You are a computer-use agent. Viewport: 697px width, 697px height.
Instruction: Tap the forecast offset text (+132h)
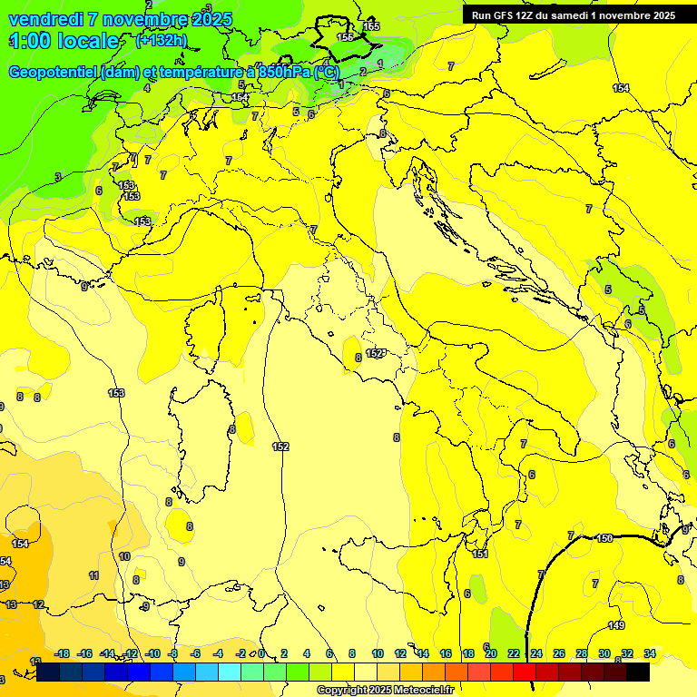[x=161, y=40]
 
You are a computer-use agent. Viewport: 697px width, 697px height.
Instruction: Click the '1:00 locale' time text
[x=64, y=41]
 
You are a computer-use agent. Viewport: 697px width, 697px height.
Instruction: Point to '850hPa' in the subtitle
[x=283, y=72]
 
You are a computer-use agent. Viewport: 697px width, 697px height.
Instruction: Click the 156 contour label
[x=345, y=37]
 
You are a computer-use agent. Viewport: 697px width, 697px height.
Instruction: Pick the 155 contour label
[x=371, y=26]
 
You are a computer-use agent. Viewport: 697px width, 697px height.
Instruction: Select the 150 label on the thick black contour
[x=604, y=538]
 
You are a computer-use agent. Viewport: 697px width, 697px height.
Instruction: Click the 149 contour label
[x=616, y=625]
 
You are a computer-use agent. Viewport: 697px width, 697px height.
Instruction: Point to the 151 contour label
[x=480, y=554]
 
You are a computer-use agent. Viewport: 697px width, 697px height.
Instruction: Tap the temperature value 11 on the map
[x=93, y=575]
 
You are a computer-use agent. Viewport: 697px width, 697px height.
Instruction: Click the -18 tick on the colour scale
[x=63, y=653]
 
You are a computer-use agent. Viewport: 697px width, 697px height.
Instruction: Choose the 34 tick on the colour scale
[x=650, y=653]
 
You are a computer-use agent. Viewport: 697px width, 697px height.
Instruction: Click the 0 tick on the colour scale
[x=261, y=653]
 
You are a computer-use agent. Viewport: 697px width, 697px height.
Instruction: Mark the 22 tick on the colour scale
[x=514, y=653]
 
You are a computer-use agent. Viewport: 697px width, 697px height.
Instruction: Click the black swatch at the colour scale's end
[x=638, y=672]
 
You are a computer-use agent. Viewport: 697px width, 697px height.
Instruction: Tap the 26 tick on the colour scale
[x=559, y=653]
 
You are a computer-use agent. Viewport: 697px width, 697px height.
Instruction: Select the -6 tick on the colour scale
[x=195, y=653]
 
